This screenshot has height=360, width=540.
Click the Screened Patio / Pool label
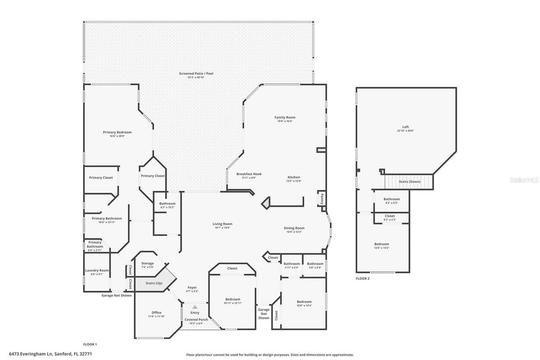tap(196, 73)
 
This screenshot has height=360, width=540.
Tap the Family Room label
tap(285, 117)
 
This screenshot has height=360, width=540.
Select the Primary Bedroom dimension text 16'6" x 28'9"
tap(117, 136)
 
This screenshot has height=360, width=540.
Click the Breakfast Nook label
tap(249, 174)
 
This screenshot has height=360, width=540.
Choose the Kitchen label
tap(294, 177)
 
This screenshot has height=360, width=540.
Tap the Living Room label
tap(222, 224)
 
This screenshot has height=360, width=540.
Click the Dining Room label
tap(294, 228)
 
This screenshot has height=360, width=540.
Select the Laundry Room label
tap(97, 271)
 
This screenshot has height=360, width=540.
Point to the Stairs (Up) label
tap(154, 283)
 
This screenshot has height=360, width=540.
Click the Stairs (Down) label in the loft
tap(409, 181)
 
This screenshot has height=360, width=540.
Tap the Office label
tap(157, 313)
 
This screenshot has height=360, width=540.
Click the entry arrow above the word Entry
tap(195, 307)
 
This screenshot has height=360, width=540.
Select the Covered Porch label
tap(196, 319)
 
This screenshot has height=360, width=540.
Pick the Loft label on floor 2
tap(405, 127)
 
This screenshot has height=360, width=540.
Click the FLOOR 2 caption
tap(362, 279)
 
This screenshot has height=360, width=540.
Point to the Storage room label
tap(147, 263)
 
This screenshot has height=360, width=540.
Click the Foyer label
tap(192, 287)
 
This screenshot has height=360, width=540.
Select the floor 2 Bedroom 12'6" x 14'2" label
tap(382, 244)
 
